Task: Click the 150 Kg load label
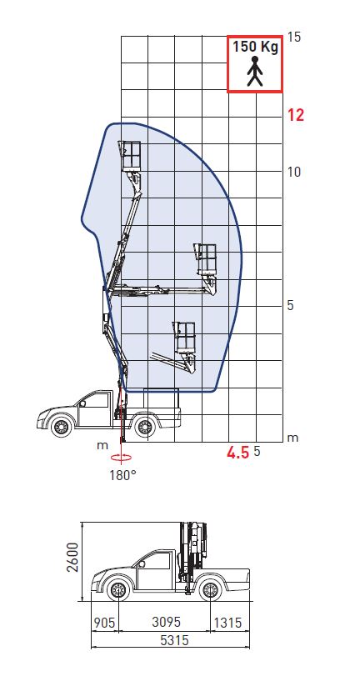pos(255,47)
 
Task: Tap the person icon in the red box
pos(255,71)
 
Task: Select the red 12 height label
pos(296,115)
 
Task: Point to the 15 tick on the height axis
pos(294,37)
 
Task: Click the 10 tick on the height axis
pos(294,172)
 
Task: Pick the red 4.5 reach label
pos(238,453)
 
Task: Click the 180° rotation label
pos(122,475)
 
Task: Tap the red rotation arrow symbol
pos(122,458)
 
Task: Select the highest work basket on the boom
pos(131,156)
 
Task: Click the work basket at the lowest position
pos(184,338)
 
